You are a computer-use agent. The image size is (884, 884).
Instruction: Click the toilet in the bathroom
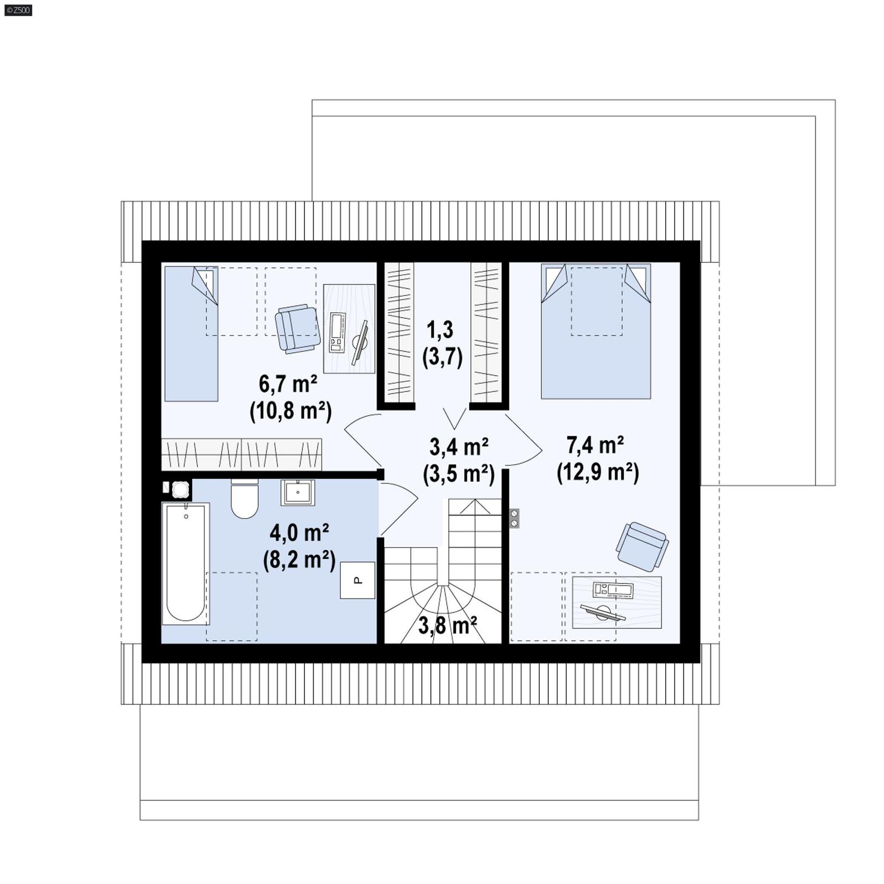pos(244,499)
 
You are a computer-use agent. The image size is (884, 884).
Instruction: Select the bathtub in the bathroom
pos(185,561)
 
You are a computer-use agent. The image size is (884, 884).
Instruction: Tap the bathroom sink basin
pos(298,492)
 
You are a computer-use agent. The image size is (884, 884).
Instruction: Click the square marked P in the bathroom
pos(357,580)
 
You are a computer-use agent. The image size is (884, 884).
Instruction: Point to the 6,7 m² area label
pos(288,383)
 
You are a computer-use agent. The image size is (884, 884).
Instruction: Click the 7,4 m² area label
pos(596,444)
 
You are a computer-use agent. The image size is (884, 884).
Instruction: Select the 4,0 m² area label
pos(299,533)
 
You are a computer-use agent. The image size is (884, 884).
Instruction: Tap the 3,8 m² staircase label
pos(448,626)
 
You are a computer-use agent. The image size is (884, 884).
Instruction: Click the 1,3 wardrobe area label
pos(440,329)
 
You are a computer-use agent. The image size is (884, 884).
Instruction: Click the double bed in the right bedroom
pos(596,331)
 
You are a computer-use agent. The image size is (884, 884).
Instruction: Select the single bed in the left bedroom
pos(191,334)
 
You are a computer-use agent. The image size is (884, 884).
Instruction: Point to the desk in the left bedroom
pos(349,329)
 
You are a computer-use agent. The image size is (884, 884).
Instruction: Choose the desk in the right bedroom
pos(617,602)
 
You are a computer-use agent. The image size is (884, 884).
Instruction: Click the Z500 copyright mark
pos(18,10)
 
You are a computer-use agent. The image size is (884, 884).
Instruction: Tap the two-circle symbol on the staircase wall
pos(514,518)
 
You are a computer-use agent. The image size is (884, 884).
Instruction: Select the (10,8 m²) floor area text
pos(291,411)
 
